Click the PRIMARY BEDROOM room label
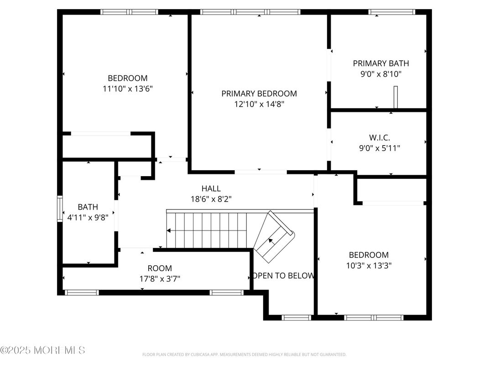coord(259,94)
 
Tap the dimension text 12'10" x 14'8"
coord(259,104)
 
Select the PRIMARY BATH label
coord(381,63)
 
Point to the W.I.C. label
coord(380,137)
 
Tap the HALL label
coord(211,189)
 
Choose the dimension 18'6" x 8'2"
coord(211,199)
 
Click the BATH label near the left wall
coord(88,207)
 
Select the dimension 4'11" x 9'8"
coord(88,218)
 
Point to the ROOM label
coord(160,268)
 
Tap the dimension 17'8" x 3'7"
coord(160,279)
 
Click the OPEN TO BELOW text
coord(283,276)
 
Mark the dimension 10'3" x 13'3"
coord(369,265)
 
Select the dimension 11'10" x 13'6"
coord(127,89)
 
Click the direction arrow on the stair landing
coord(271,240)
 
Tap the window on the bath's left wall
coord(59,209)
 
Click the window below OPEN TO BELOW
coord(297,317)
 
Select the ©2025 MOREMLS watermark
coord(42,351)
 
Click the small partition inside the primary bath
coord(396,97)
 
